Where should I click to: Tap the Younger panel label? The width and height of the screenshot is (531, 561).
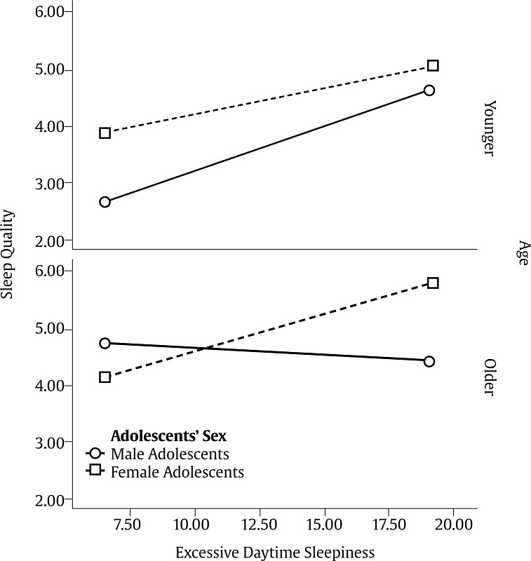(490, 128)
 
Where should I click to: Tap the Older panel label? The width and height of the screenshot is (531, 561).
(490, 378)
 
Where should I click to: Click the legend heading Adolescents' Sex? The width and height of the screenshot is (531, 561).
(168, 435)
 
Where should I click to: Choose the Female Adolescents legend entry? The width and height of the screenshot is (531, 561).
(177, 472)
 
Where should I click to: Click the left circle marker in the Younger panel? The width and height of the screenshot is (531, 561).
(105, 202)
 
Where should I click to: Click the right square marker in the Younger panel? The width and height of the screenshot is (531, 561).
(433, 66)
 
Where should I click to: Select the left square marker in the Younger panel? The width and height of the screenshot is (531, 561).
(105, 133)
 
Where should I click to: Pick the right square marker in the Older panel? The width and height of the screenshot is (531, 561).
(433, 283)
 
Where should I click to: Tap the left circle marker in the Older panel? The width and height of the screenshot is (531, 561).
(105, 343)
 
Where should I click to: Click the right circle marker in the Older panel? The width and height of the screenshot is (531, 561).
(429, 361)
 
